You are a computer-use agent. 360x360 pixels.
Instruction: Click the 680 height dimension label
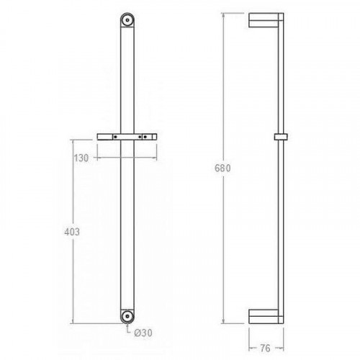222,168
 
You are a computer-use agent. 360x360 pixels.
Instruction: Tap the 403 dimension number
72,232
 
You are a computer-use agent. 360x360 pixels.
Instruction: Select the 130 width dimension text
81,158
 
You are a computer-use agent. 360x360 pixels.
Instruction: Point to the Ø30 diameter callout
143,333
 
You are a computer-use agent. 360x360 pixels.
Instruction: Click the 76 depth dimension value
265,348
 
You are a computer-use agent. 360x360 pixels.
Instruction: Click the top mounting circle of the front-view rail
127,20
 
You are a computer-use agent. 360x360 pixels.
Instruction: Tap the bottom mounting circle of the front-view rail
127,317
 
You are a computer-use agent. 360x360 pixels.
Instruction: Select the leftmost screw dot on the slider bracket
115,137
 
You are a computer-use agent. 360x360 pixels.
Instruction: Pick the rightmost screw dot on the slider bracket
145,137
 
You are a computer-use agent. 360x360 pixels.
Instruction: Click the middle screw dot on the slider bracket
140,137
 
